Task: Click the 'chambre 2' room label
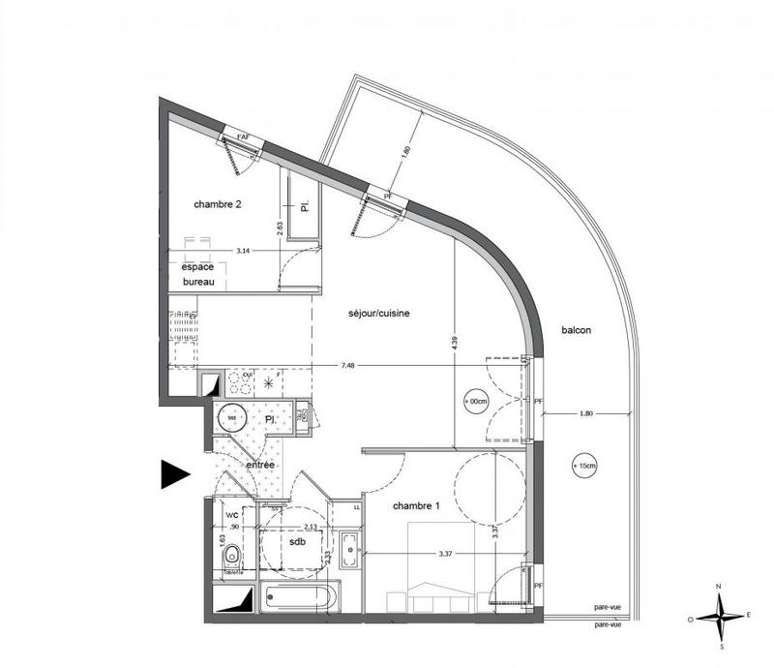[x=223, y=204]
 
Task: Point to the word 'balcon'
[x=576, y=330]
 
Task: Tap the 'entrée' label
[x=259, y=466]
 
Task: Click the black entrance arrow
[x=175, y=473]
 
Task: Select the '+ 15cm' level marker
[x=582, y=467]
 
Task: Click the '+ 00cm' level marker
[x=477, y=400]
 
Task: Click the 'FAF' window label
[x=243, y=138]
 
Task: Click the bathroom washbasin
[x=349, y=545]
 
